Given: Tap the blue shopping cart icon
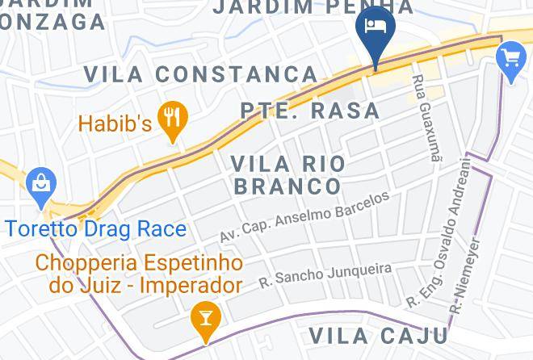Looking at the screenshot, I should [x=511, y=59].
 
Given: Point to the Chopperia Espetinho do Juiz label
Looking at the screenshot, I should [x=139, y=274].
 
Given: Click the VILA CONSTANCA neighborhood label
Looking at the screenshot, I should [x=201, y=74].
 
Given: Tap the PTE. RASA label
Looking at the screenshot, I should [x=310, y=111].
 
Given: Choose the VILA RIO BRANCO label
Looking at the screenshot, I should [x=287, y=174].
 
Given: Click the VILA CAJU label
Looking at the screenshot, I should [x=379, y=336].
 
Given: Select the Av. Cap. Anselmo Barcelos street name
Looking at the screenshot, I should [x=304, y=216].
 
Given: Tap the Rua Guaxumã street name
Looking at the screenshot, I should [x=427, y=119].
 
